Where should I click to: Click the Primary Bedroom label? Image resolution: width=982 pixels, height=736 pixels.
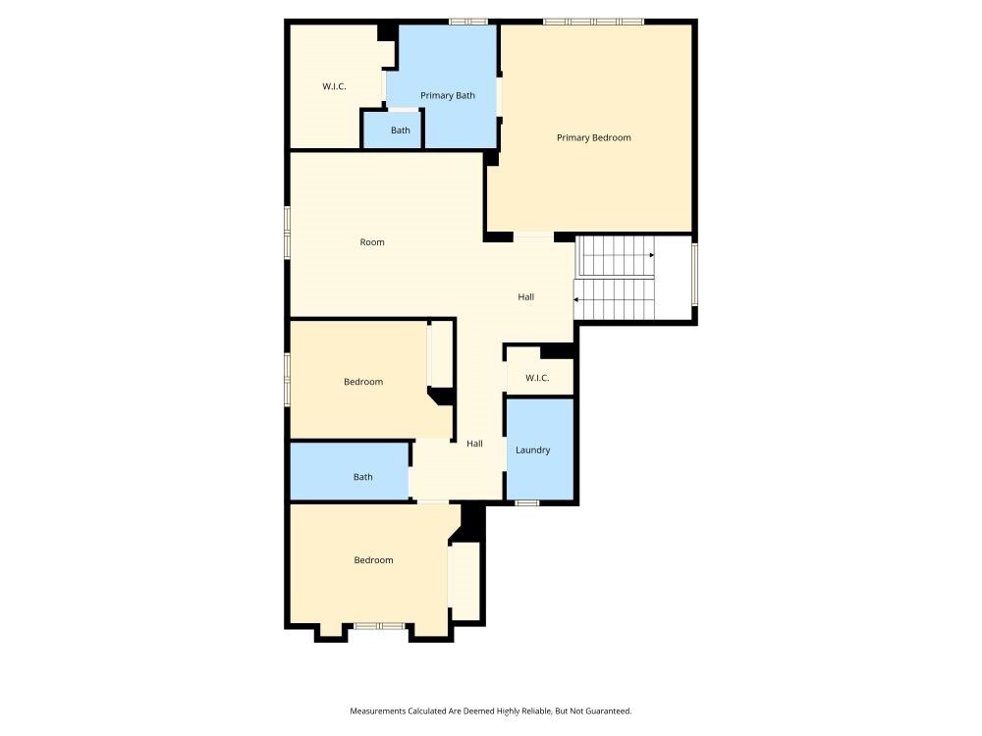594,137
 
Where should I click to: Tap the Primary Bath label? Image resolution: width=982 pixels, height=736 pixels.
447,96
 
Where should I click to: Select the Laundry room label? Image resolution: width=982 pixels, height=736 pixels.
533,450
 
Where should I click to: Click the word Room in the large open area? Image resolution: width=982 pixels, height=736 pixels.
372,242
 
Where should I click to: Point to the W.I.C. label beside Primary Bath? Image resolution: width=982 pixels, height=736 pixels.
334,86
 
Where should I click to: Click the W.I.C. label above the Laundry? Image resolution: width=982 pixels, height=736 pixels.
537,378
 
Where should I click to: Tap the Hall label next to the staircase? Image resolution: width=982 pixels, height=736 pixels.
526,296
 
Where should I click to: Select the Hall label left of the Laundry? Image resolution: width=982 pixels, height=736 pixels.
474,444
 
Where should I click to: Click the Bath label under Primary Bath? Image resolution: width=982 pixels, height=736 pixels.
401,131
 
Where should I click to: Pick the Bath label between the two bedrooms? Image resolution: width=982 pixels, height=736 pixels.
362,477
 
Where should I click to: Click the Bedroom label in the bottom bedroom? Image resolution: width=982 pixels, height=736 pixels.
373,560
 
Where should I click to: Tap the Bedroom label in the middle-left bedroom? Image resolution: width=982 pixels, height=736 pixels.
363,382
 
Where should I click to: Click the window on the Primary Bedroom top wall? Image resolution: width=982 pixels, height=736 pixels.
594,22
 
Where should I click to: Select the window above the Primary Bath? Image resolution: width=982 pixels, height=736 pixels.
468,22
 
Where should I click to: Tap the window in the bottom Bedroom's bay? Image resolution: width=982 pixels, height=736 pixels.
379,626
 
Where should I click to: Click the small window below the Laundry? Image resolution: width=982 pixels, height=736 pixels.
526,502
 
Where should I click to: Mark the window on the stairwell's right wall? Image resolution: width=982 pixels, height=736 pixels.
694,275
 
